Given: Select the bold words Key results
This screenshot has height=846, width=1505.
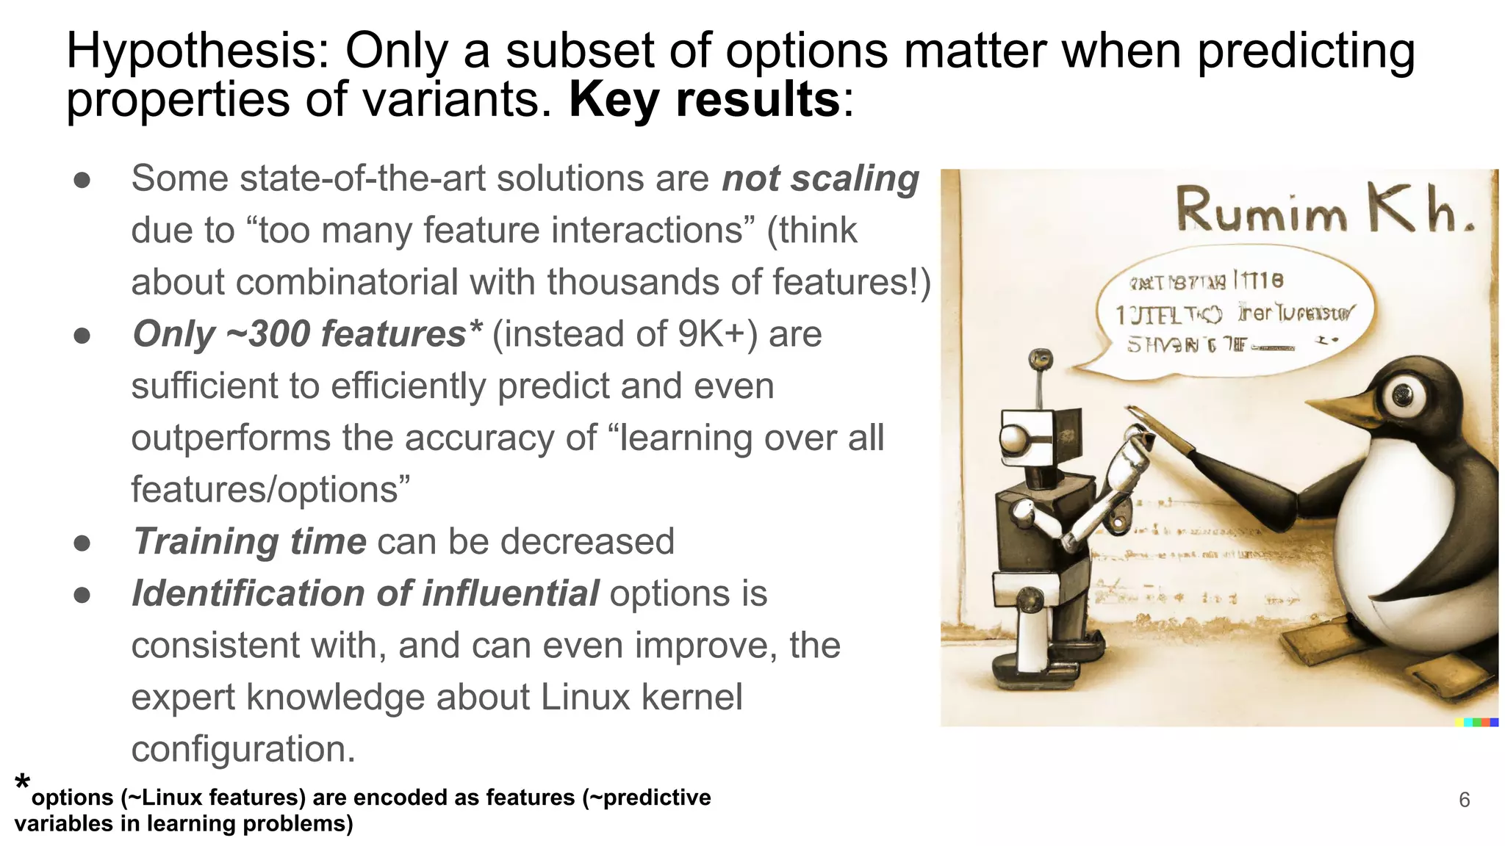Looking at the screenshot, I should pos(704,100).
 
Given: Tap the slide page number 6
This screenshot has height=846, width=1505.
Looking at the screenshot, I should pos(1464,800).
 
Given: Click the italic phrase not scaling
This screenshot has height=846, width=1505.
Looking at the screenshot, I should pos(820,178).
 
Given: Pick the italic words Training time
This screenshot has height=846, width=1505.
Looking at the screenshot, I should pos(249,542).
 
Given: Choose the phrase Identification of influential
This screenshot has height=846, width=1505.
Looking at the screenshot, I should pos(365,593).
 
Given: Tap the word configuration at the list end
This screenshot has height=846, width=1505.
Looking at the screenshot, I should pos(243,749).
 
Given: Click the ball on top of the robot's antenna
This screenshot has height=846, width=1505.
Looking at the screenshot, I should pos(1040,359).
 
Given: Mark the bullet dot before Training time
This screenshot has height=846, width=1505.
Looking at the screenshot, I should pos(82,543).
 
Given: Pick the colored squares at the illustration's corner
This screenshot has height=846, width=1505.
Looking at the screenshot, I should pos(1476,723).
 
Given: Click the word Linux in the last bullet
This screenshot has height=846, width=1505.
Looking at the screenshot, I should pos(585,698).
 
